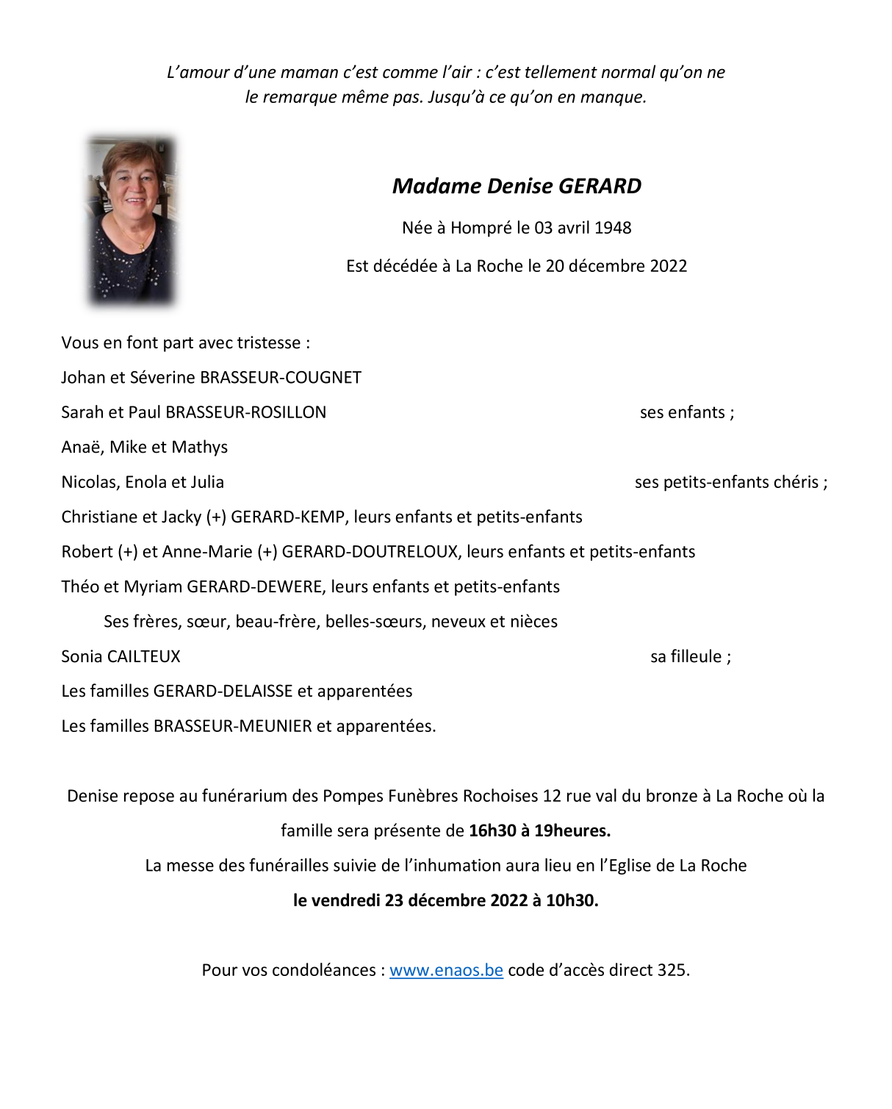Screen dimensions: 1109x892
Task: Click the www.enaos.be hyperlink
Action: point(446,970)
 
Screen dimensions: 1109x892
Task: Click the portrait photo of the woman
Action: point(132,220)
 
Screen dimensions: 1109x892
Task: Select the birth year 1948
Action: point(613,228)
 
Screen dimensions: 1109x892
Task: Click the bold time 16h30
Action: point(492,831)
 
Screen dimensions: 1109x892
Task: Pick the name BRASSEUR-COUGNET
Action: point(281,378)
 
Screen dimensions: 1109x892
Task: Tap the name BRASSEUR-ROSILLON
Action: point(246,412)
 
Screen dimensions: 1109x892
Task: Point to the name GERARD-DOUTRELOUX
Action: point(370,552)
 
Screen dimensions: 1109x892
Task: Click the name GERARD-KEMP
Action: point(287,517)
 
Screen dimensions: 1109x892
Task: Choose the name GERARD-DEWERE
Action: point(255,587)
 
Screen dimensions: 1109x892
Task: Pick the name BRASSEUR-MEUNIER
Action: point(233,727)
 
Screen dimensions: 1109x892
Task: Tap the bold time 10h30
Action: point(572,901)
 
